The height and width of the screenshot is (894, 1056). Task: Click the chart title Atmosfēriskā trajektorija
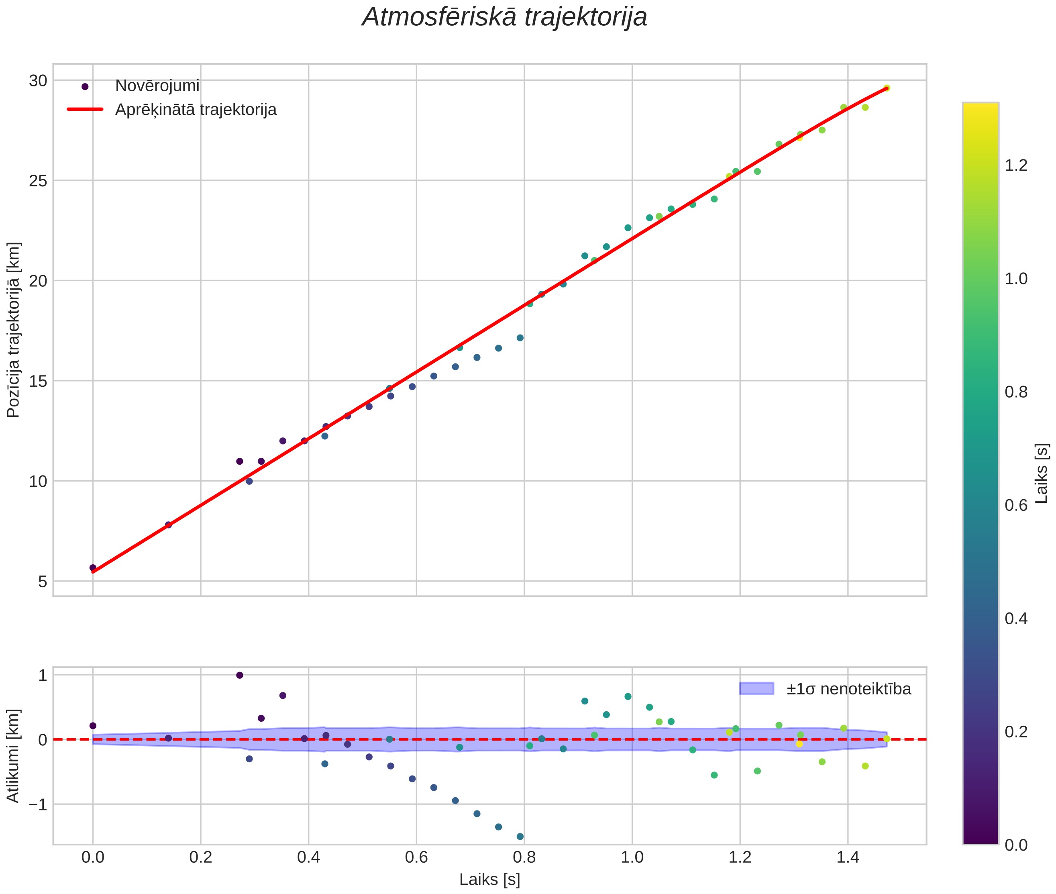[x=504, y=17]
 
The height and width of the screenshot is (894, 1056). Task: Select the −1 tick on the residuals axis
[x=35, y=804]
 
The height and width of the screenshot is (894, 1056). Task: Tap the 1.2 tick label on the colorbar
[x=1016, y=166]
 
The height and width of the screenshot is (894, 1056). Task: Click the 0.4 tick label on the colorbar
[x=1016, y=618]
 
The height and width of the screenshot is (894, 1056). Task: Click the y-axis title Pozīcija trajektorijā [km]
[x=14, y=330]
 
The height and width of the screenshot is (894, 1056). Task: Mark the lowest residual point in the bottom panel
[x=520, y=836]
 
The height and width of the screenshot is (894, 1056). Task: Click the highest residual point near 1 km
[x=240, y=675]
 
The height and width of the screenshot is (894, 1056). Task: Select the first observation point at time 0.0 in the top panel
[x=93, y=567]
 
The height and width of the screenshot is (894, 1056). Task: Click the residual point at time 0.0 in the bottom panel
[x=93, y=726]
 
